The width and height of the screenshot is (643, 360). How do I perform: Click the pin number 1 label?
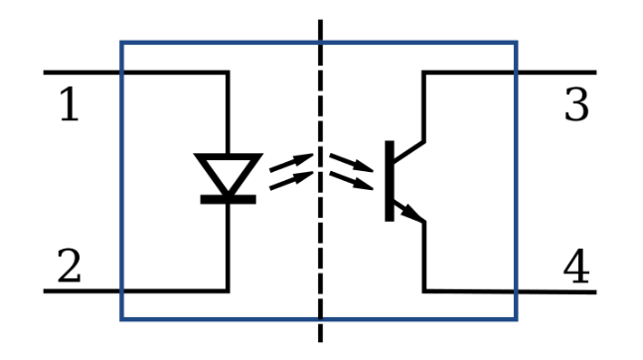70,104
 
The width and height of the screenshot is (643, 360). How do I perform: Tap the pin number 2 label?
69,266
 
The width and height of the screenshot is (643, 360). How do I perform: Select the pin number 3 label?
576,104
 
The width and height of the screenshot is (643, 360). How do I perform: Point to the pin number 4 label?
576,266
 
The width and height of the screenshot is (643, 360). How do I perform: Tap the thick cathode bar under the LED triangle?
228,200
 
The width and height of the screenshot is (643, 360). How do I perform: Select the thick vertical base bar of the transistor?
390,181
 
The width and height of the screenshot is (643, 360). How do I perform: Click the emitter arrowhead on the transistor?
412,213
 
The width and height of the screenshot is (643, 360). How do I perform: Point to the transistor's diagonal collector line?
409,151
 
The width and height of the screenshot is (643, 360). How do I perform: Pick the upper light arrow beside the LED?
291,162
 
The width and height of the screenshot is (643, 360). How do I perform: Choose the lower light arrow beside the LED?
291,181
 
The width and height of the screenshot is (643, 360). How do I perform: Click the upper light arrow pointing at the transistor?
352,162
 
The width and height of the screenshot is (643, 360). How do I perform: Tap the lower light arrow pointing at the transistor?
352,181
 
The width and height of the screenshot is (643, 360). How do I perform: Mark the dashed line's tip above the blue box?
320,20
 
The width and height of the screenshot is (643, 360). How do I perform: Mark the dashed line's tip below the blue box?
320,341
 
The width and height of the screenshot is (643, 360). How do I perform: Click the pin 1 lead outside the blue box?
81,73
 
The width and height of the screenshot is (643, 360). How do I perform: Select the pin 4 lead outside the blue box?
558,291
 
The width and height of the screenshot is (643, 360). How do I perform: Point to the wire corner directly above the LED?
228,73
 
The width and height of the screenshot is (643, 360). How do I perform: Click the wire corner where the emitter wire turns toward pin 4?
424,291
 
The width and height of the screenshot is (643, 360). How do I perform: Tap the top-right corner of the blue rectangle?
516,42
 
